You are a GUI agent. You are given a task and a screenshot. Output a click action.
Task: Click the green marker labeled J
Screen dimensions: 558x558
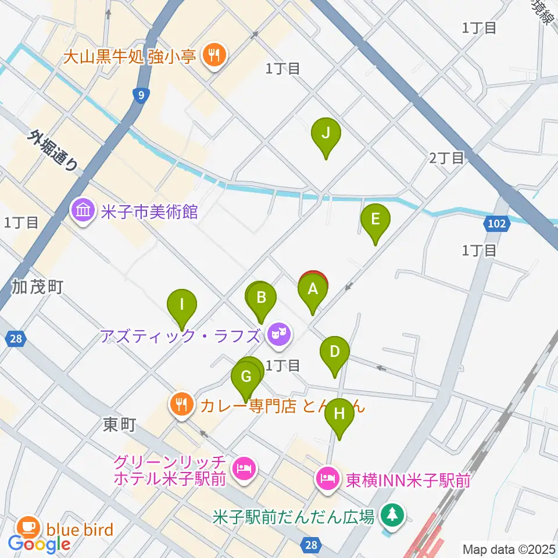(x=325, y=134)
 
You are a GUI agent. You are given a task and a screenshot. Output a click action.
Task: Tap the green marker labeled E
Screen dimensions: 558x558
(x=375, y=220)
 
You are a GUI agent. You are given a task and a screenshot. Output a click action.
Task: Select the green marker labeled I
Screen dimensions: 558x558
(x=182, y=305)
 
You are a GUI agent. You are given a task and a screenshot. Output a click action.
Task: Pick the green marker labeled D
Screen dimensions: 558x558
(x=335, y=352)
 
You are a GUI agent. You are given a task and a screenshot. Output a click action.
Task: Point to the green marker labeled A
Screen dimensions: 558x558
(x=312, y=289)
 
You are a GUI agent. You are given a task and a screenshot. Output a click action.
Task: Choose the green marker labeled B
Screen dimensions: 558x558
(x=262, y=298)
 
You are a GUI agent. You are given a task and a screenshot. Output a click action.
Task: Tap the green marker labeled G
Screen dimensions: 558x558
(x=246, y=377)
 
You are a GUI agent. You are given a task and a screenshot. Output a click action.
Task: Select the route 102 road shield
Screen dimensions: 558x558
(x=496, y=223)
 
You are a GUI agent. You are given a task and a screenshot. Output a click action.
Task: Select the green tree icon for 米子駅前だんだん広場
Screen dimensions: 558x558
(x=394, y=515)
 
